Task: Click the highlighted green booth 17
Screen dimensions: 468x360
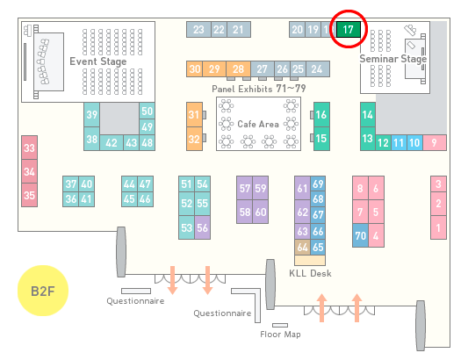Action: (349, 29)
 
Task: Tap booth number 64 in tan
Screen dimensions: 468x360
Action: (302, 247)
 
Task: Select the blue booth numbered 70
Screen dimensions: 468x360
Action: (360, 235)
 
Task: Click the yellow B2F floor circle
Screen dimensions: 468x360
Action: (43, 291)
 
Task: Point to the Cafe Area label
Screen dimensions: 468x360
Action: (258, 124)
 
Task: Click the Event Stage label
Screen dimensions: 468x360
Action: (97, 61)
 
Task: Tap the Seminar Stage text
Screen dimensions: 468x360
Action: (393, 59)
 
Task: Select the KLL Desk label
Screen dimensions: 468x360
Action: (310, 273)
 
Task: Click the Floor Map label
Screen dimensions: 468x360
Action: (280, 334)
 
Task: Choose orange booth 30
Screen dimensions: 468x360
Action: (194, 69)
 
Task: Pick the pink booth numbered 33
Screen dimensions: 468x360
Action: (29, 148)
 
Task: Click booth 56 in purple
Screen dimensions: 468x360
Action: (202, 227)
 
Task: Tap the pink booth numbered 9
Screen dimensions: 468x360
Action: (435, 143)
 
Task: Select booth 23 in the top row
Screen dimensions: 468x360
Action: (198, 29)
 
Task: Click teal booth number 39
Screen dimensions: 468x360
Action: (91, 115)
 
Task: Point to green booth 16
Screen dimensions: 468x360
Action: (321, 115)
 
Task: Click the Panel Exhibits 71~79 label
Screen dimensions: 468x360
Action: (258, 89)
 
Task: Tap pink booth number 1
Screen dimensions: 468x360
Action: (438, 227)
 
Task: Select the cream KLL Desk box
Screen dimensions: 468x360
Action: (310, 260)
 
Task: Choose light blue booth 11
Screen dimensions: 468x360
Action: (399, 143)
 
